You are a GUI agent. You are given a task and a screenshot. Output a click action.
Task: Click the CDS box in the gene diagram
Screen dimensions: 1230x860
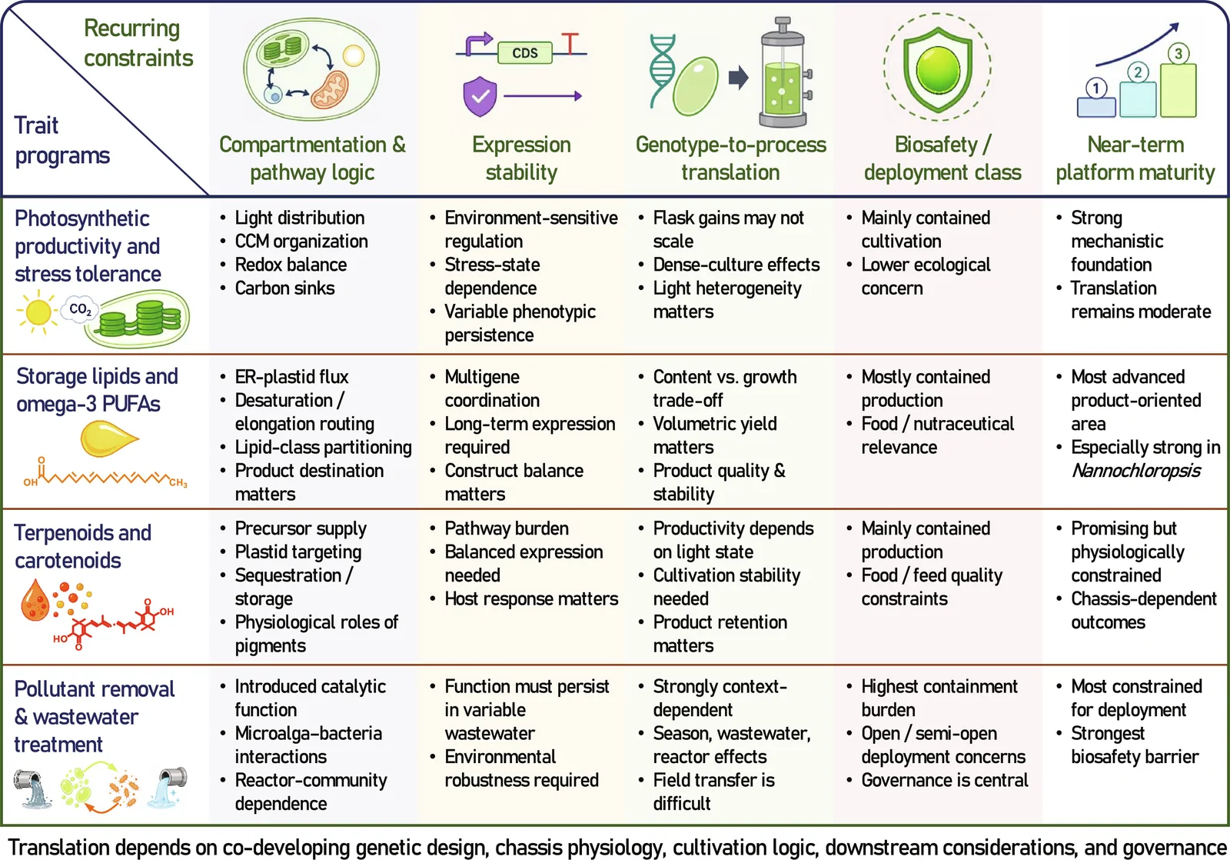tap(524, 53)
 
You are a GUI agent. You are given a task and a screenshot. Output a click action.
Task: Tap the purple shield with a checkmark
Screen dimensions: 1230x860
tap(480, 96)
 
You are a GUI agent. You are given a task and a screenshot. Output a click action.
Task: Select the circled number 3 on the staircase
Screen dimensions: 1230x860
tap(1178, 54)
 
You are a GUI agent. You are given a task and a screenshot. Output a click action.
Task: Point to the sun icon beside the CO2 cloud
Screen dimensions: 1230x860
tap(38, 312)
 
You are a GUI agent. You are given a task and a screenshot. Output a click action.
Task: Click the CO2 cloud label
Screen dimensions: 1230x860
tap(80, 309)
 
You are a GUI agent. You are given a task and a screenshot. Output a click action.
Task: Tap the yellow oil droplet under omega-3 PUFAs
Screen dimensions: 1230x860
tap(108, 438)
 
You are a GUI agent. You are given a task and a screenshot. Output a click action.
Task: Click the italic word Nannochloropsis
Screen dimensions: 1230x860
tap(1135, 471)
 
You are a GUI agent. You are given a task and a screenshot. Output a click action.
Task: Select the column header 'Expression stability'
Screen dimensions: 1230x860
tap(521, 158)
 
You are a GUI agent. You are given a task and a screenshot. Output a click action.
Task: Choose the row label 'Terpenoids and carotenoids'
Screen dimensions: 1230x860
tap(83, 546)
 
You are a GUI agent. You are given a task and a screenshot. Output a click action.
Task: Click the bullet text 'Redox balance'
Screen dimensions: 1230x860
tap(291, 265)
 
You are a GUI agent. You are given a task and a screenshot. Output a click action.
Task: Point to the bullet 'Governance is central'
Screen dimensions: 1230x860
tap(945, 780)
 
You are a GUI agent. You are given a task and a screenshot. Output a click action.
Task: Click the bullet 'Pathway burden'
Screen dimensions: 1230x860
tap(507, 528)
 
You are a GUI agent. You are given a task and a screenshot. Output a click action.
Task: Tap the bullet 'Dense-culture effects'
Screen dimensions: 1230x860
tap(736, 265)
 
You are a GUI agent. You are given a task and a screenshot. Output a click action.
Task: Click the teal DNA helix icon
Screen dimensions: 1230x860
tap(662, 70)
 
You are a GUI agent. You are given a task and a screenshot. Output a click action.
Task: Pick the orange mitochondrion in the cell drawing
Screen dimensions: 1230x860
tap(330, 89)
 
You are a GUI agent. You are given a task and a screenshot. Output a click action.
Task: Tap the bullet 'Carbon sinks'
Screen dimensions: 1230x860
tap(284, 288)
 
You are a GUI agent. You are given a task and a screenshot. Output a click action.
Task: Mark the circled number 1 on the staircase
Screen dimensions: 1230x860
tap(1096, 88)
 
